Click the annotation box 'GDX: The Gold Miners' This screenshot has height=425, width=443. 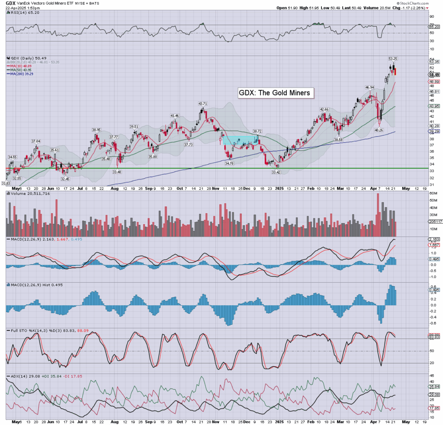[x=274, y=93]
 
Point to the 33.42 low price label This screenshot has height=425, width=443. [x=276, y=172]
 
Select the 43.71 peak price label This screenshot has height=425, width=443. [x=203, y=104]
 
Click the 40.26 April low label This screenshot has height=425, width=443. [x=379, y=130]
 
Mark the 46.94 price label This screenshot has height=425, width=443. [x=369, y=87]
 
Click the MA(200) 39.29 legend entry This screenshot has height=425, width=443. [x=21, y=74]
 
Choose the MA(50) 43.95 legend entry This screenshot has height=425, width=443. [x=20, y=70]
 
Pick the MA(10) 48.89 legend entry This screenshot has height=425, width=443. [x=20, y=66]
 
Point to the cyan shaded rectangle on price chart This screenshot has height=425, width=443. [x=240, y=140]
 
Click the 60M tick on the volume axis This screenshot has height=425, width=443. [x=432, y=201]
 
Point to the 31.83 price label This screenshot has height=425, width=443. [x=6, y=183]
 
